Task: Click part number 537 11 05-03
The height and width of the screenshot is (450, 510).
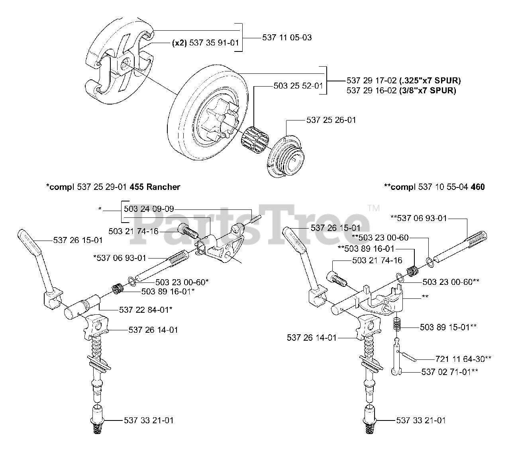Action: click(x=287, y=38)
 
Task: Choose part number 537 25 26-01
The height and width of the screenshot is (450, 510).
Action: click(x=331, y=120)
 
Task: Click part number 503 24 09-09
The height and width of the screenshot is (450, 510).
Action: click(x=149, y=209)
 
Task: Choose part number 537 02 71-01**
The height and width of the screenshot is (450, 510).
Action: click(x=449, y=372)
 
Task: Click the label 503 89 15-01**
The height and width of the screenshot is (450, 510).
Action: click(x=448, y=327)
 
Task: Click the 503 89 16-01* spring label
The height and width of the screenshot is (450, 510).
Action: click(x=168, y=292)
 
